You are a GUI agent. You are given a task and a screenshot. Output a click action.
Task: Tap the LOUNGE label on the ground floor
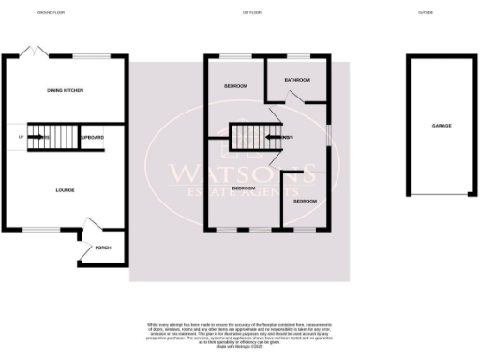64,190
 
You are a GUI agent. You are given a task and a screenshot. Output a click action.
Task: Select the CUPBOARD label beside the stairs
92,137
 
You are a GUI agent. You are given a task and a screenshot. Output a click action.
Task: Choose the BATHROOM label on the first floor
297,81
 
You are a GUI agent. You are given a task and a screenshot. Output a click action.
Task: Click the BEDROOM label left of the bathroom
234,86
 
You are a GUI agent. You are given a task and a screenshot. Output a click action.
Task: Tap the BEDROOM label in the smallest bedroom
305,202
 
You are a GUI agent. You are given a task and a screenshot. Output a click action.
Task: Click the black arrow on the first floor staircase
272,138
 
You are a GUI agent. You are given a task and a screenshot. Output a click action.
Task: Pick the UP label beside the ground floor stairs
20,138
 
